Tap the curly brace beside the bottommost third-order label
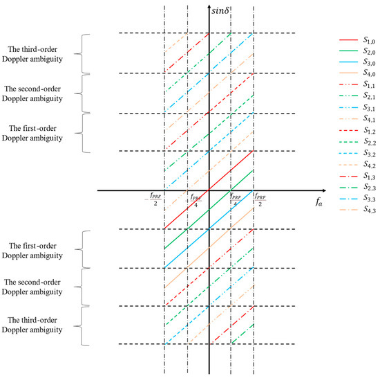point(86,325)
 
